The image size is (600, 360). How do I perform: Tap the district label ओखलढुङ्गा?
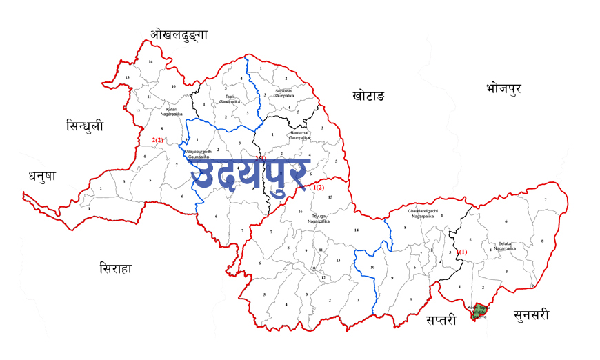pyautogui.click(x=179, y=35)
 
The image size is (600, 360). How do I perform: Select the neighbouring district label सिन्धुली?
pyautogui.click(x=85, y=126)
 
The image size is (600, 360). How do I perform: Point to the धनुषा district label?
pyautogui.click(x=42, y=177)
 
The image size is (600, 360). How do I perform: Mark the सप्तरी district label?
pyautogui.click(x=441, y=320)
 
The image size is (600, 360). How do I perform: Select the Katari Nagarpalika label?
pyautogui.click(x=172, y=110)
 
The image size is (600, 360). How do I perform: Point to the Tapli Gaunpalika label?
pyautogui.click(x=228, y=99)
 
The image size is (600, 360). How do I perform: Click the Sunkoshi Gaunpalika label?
pyautogui.click(x=283, y=92)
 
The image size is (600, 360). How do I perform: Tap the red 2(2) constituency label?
pyautogui.click(x=157, y=140)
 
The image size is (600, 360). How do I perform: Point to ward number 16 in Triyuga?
pyautogui.click(x=300, y=211)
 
